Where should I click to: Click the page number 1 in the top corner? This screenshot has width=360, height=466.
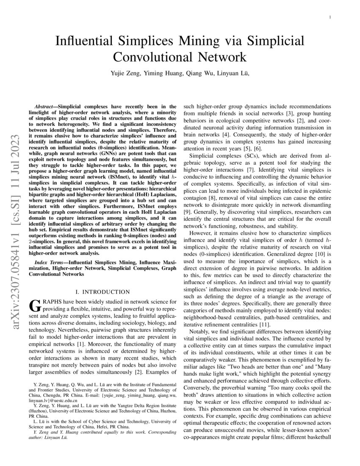(x=329, y=17)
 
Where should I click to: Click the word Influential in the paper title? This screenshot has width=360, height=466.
(x=86, y=42)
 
